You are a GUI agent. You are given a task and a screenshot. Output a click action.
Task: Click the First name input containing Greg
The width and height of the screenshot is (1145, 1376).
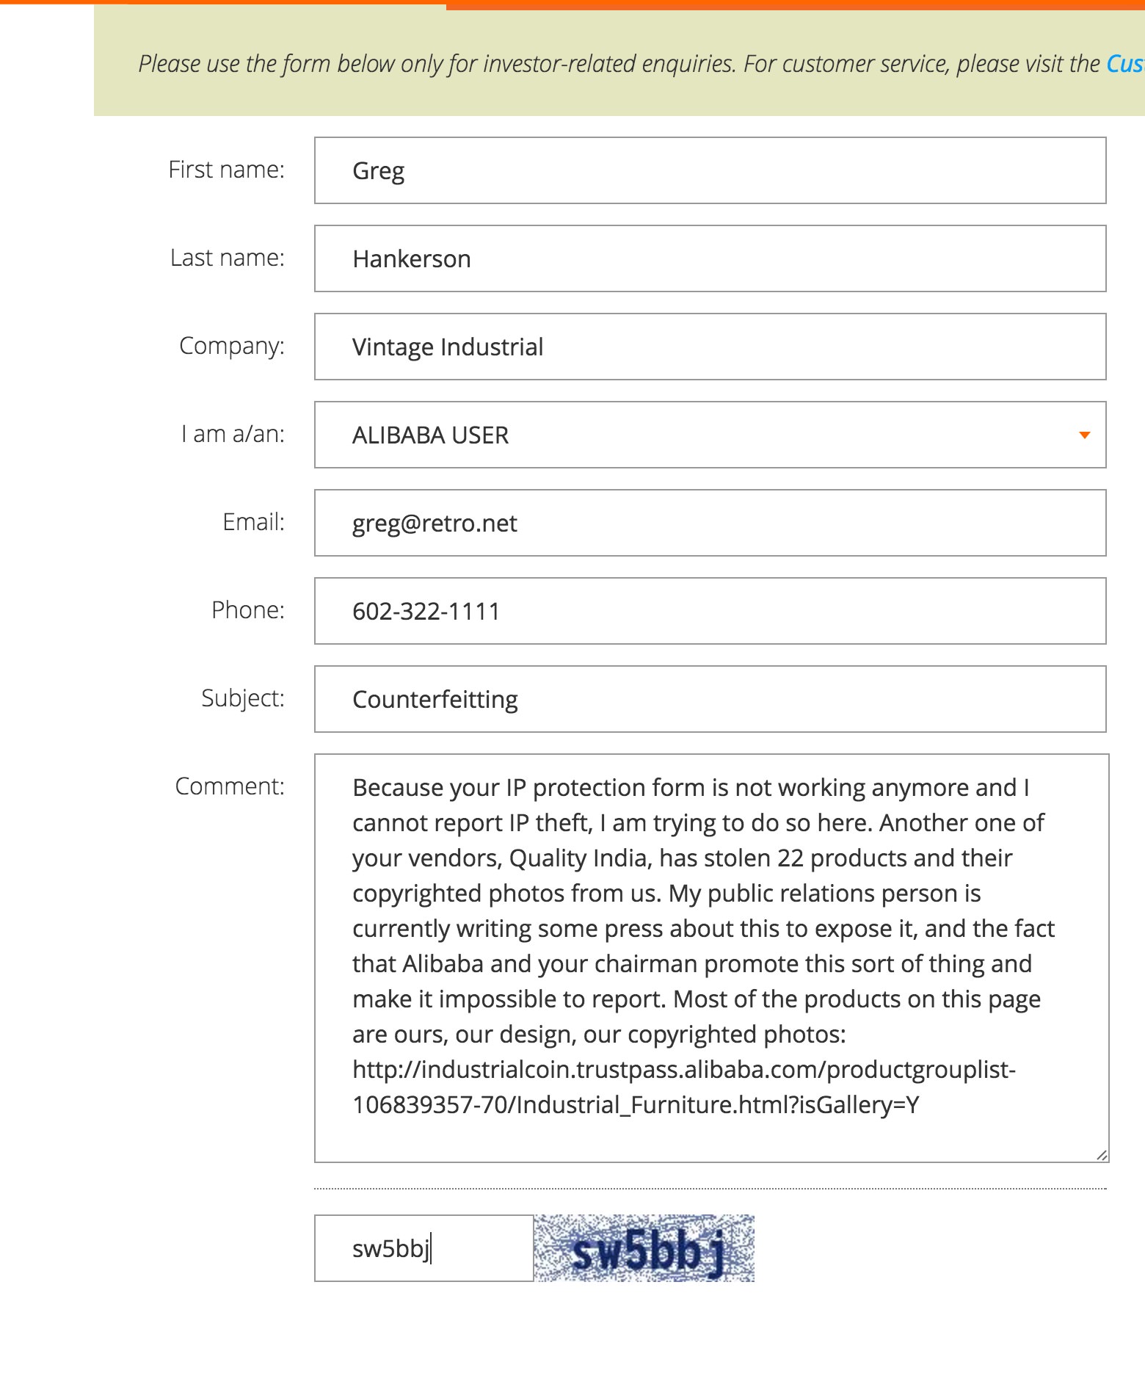[709, 170]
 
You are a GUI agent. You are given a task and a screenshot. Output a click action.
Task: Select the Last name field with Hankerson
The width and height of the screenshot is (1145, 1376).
[709, 258]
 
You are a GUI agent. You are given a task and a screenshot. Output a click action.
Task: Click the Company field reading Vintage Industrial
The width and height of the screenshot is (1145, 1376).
[709, 347]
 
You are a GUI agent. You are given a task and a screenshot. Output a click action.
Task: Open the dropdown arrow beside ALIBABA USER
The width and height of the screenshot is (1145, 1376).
[1084, 435]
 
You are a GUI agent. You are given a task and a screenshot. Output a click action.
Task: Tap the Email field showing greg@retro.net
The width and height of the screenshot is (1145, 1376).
[709, 523]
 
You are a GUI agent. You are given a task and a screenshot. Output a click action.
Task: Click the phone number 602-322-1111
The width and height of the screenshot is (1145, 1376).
[426, 611]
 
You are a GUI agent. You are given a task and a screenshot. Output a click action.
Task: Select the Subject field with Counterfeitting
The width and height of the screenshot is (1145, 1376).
[709, 699]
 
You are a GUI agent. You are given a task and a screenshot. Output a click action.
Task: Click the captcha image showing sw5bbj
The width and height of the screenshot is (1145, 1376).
[644, 1248]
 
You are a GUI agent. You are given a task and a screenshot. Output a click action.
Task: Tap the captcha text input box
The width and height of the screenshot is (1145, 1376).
[424, 1248]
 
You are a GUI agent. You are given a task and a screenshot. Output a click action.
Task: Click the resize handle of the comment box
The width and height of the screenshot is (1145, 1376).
[1101, 1155]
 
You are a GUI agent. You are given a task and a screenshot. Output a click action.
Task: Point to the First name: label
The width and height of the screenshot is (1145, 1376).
[226, 170]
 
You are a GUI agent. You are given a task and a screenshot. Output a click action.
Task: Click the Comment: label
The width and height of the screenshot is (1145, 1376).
[229, 786]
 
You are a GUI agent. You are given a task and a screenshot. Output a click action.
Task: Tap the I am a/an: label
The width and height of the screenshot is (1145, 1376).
[232, 434]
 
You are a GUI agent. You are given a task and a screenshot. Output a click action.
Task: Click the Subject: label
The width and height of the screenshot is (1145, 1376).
[242, 698]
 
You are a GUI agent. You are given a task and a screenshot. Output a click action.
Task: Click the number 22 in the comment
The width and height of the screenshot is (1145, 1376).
[789, 858]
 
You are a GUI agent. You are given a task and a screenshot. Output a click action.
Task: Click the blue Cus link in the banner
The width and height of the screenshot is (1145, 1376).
[1124, 64]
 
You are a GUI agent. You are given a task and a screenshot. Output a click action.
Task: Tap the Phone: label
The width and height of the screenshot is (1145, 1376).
[247, 610]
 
